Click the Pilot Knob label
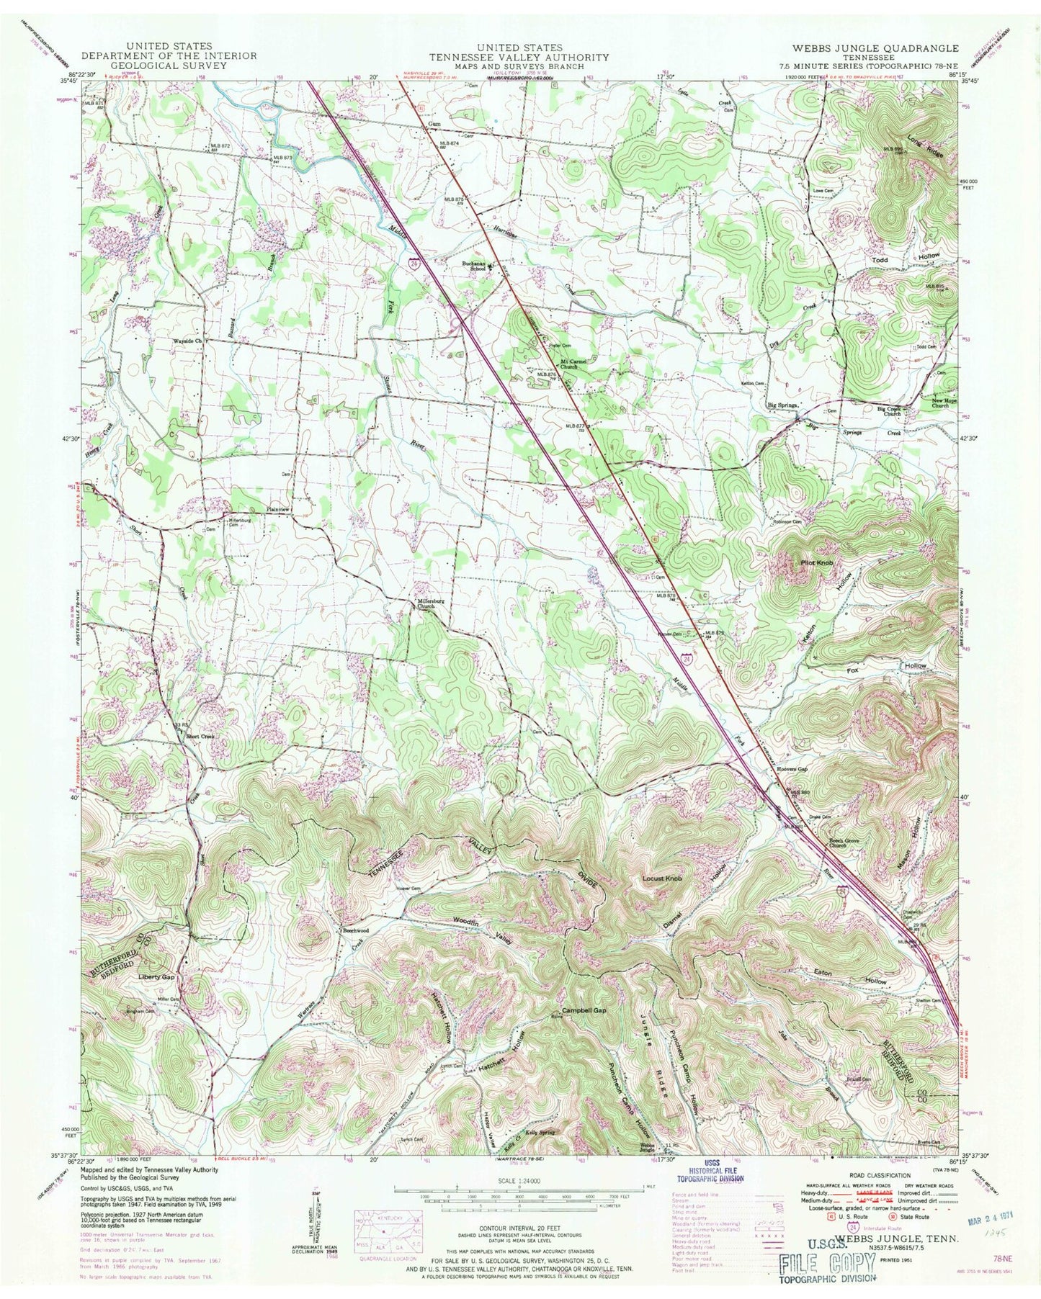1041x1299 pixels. [815, 562]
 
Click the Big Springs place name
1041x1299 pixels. [782, 405]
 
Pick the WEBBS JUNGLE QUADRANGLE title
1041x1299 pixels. [875, 48]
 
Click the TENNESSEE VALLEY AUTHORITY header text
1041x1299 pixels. [519, 57]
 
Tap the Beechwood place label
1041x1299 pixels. [354, 930]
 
